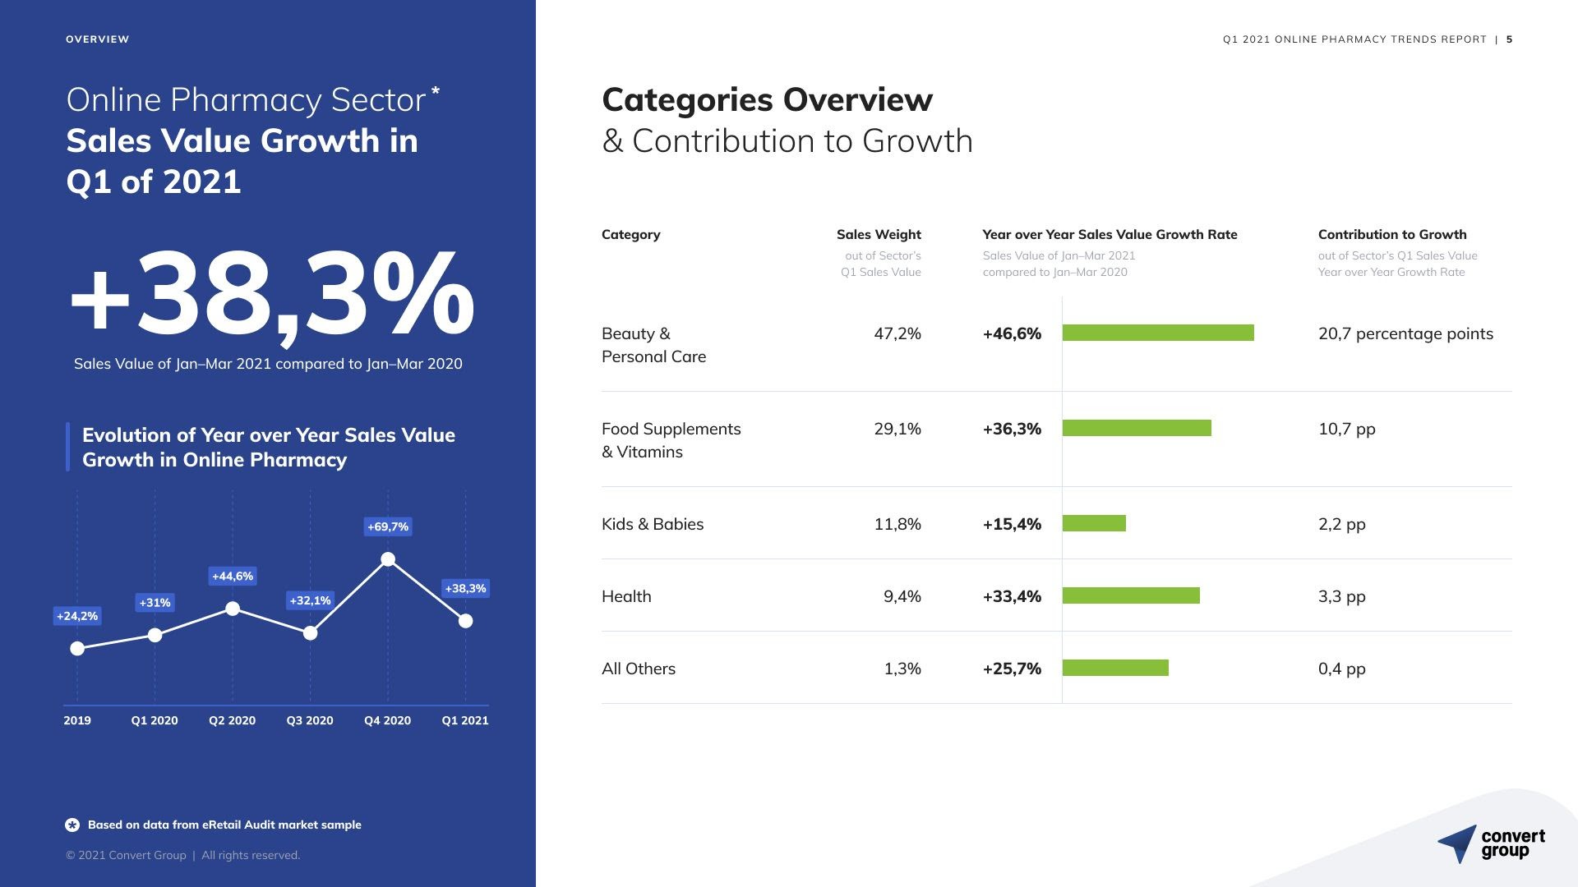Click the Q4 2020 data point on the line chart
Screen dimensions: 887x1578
tap(388, 560)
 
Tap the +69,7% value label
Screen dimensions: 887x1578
tap(388, 526)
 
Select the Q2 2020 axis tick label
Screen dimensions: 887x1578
tap(232, 720)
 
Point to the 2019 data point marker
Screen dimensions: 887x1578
tap(77, 649)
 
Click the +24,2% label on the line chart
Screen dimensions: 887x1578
tap(77, 615)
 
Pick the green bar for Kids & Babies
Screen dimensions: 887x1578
tap(1094, 523)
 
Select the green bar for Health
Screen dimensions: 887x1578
tap(1131, 595)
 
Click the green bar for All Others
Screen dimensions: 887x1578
tap(1115, 668)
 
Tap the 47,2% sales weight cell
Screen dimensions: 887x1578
tap(897, 333)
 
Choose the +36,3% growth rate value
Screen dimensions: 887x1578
tap(1012, 429)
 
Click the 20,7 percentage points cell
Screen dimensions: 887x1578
tap(1405, 333)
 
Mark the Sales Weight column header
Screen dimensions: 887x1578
tap(879, 235)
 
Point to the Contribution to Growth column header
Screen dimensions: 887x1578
tap(1392, 235)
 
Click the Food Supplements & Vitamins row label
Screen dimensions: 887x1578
tap(671, 440)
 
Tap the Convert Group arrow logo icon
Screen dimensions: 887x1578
tap(1458, 843)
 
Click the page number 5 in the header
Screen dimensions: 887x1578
tap(1510, 39)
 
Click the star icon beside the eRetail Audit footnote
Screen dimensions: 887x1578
tap(72, 825)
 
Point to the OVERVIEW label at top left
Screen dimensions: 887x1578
tap(97, 39)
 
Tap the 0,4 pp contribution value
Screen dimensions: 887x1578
tap(1341, 669)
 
